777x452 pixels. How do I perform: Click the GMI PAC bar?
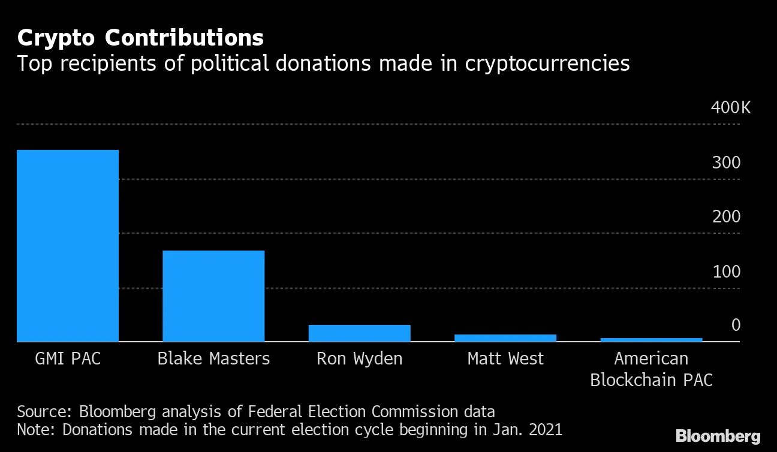tap(68, 246)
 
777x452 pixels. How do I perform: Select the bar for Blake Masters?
tap(213, 296)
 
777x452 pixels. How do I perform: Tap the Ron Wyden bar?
tap(359, 333)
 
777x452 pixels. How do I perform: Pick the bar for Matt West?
tap(505, 338)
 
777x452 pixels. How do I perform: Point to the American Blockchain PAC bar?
tap(651, 340)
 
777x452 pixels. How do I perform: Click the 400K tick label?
tap(730, 108)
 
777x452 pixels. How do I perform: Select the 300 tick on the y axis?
tap(726, 163)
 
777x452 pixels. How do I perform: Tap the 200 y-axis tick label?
tap(726, 217)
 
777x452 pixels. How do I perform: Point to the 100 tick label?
tap(726, 272)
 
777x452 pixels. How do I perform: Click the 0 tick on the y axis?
tap(735, 326)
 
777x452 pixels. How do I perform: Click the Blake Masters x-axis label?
tap(213, 358)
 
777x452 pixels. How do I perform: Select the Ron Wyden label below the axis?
tap(359, 358)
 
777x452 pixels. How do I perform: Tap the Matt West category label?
tap(505, 358)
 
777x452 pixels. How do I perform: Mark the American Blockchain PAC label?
tap(651, 369)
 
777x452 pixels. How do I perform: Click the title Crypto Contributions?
tap(140, 38)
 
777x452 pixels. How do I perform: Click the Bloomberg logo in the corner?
tap(718, 436)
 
